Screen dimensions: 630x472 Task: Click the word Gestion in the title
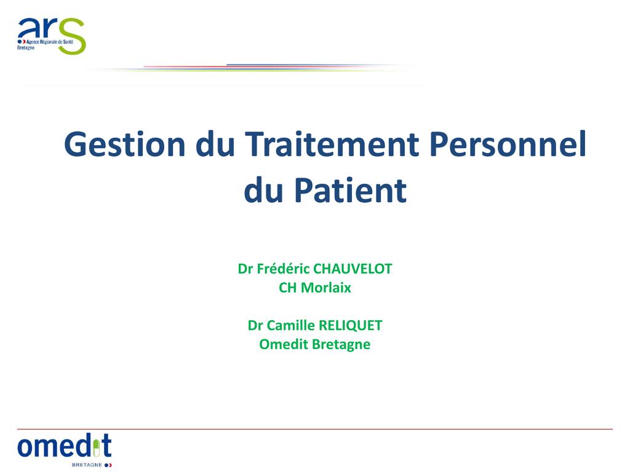[124, 144]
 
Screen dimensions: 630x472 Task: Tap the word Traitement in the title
[332, 144]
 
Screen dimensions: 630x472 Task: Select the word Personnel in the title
[508, 144]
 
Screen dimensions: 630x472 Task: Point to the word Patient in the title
[350, 190]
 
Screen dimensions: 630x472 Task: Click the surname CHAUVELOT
[353, 269]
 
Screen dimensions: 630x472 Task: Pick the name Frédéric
[283, 269]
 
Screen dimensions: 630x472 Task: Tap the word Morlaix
[326, 288]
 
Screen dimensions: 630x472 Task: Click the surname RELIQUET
[350, 326]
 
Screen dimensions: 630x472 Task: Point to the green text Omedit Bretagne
[314, 344]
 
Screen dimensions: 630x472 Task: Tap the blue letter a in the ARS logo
[26, 28]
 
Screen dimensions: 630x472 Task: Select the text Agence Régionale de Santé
[50, 42]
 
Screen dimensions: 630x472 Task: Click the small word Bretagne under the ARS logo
[26, 48]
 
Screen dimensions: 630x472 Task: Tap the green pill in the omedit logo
[96, 449]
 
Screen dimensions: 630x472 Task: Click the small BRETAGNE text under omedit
[87, 465]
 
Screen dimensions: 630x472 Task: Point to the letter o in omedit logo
[25, 447]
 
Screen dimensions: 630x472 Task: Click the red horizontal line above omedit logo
[314, 429]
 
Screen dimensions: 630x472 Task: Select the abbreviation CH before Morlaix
[288, 288]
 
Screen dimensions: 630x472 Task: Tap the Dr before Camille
[255, 325]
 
